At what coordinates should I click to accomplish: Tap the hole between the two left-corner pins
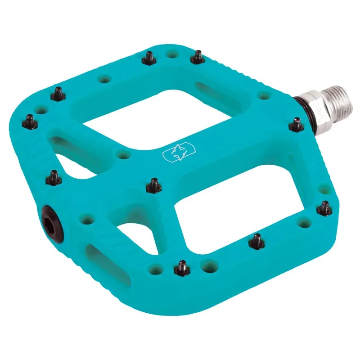41,109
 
